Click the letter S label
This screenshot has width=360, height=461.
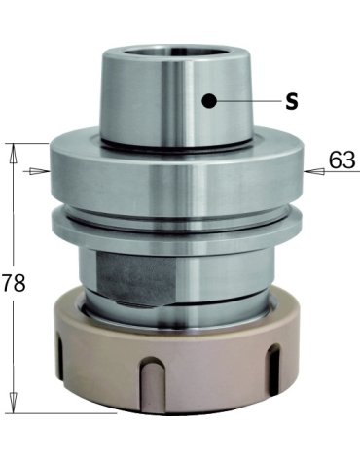pyautogui.click(x=292, y=102)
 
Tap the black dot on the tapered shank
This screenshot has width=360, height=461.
pyautogui.click(x=209, y=101)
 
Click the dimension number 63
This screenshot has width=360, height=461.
pyautogui.click(x=342, y=160)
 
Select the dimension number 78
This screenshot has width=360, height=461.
pyautogui.click(x=13, y=282)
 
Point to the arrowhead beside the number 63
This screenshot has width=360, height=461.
pyautogui.click(x=314, y=171)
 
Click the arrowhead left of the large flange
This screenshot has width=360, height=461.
pyautogui.click(x=40, y=171)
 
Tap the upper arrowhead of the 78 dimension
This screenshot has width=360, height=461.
pyautogui.click(x=13, y=154)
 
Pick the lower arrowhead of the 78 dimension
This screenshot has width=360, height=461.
pyautogui.click(x=13, y=403)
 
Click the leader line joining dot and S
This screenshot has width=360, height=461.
pyautogui.click(x=249, y=101)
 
